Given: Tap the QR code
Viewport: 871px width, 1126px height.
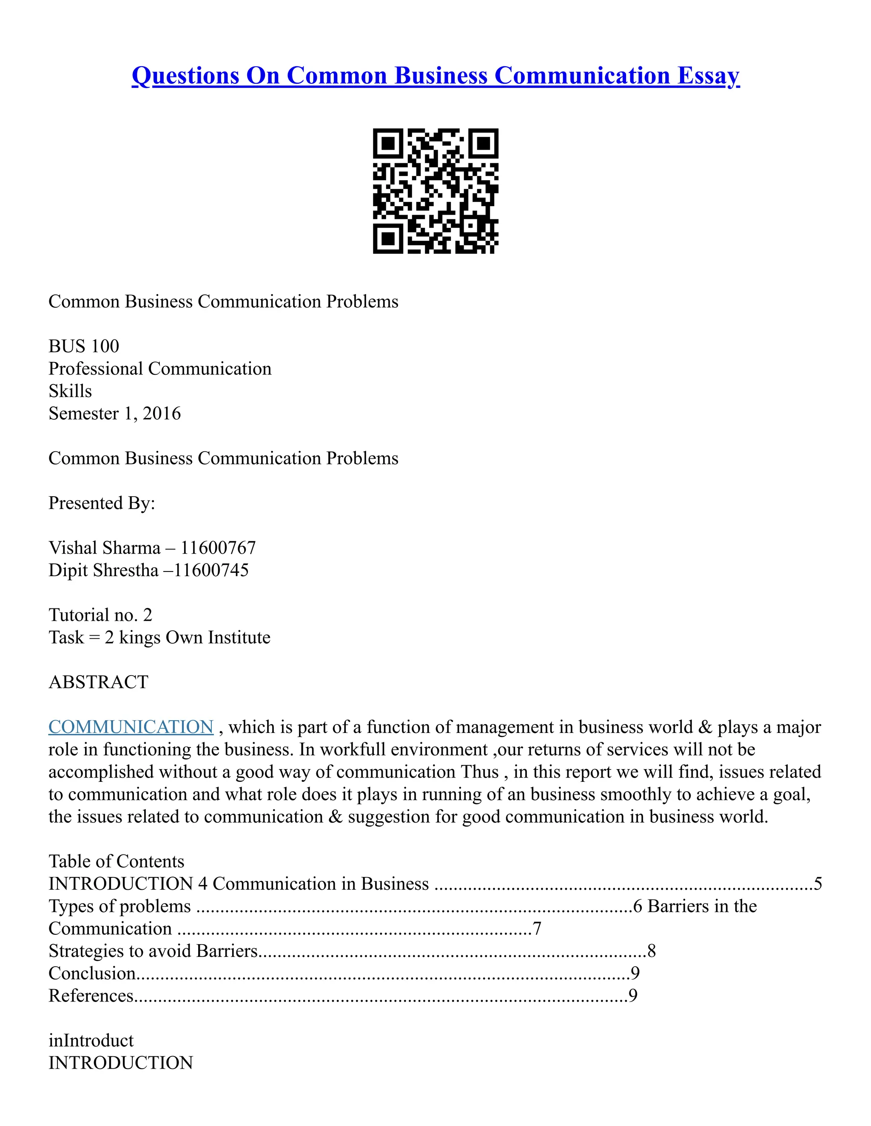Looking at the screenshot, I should [x=435, y=191].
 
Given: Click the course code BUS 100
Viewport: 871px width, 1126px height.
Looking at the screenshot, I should [x=84, y=346].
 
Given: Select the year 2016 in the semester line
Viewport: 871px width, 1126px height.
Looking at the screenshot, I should [x=162, y=413].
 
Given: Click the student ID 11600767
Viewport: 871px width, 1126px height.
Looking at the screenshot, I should [x=218, y=548].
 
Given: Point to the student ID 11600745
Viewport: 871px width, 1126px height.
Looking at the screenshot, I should [x=211, y=570].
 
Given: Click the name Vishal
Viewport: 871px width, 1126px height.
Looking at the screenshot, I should [x=72, y=548].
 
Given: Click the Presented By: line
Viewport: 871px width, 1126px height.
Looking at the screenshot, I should [x=102, y=503].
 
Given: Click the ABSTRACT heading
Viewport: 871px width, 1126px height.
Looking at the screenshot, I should [x=98, y=682].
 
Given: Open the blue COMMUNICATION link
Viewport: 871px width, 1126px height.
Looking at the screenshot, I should [x=131, y=727].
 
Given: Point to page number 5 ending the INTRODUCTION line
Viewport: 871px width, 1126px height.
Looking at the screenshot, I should [x=818, y=884].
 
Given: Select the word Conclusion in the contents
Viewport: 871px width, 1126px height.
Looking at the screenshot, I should [x=92, y=973].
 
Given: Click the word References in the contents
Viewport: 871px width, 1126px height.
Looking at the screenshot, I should [x=91, y=996].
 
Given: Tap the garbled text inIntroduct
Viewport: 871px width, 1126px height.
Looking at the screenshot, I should [x=91, y=1041].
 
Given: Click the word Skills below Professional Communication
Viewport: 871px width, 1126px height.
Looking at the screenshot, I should [x=70, y=391].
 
